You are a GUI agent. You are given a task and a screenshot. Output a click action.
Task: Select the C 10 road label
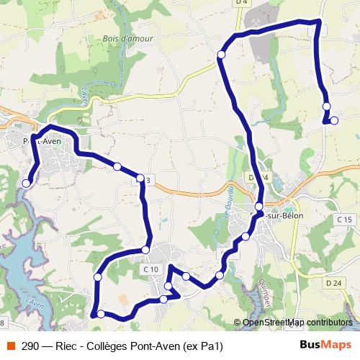click(x=150, y=269)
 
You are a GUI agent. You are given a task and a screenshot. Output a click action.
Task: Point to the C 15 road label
click(x=344, y=219)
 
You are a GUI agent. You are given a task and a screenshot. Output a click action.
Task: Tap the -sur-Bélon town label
click(x=287, y=216)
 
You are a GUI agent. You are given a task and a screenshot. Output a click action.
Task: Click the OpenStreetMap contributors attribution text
click(x=297, y=323)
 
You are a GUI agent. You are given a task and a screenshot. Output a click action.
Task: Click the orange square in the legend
click(x=11, y=346)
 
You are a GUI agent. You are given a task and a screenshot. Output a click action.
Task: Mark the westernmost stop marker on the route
click(x=27, y=184)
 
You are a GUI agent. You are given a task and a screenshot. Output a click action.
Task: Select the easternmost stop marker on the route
click(x=334, y=120)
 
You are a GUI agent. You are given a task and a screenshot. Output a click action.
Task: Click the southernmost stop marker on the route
click(x=101, y=313)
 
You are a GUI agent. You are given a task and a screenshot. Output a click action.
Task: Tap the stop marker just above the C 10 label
click(x=145, y=250)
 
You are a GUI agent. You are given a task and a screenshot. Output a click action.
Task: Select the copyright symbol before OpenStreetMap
click(x=238, y=323)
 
